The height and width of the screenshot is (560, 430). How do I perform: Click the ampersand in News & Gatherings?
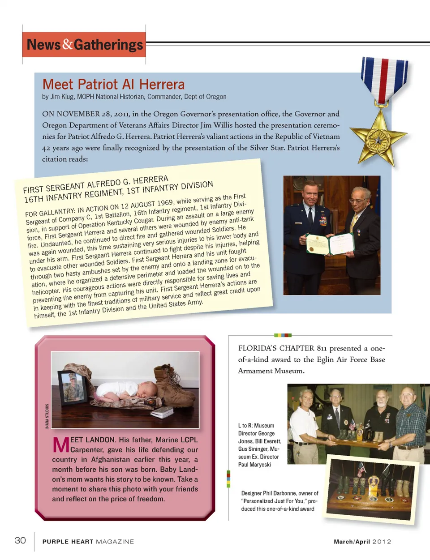coord(68,44)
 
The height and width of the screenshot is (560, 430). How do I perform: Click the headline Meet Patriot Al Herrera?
coord(113,84)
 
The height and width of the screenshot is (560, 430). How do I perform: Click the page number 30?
coord(20,540)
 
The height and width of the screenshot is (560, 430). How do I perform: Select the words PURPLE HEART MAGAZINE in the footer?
coord(88,542)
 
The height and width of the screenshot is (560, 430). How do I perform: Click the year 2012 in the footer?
coord(382,542)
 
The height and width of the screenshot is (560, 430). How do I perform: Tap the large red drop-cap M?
coord(60,445)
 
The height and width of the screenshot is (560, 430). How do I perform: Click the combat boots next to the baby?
coord(175,386)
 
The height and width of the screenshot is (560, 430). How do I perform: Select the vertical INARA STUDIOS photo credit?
coord(47,416)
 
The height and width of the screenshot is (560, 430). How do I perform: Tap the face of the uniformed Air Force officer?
coord(310,193)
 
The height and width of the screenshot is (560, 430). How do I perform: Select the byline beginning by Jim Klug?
coord(134,97)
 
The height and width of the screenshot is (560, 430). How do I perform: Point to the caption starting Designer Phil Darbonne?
coord(279,501)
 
